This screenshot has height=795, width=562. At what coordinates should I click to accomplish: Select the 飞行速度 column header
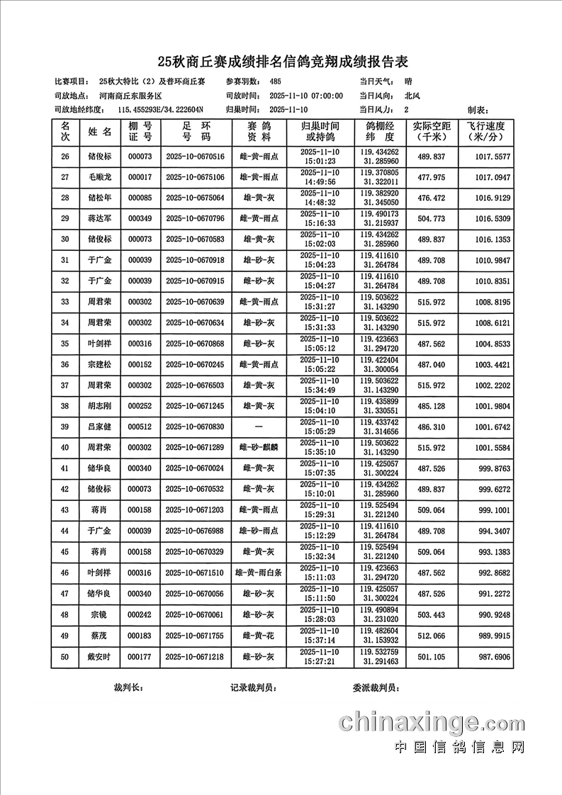tap(485, 131)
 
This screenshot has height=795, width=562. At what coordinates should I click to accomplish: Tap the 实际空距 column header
tap(431, 131)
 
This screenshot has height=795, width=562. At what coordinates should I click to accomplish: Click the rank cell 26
tap(65, 157)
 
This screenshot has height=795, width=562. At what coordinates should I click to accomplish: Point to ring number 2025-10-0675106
tap(194, 177)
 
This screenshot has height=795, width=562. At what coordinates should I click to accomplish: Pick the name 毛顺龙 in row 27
tap(100, 177)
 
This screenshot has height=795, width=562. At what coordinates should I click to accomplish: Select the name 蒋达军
tap(100, 219)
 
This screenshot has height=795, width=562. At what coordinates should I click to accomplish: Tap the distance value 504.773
tap(431, 219)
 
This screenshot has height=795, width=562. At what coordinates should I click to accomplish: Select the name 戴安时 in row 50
tap(100, 657)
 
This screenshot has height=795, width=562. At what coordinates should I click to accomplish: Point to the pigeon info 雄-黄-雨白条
tap(259, 573)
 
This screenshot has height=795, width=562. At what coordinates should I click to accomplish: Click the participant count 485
tap(275, 81)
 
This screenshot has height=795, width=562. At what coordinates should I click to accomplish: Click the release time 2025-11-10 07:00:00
tap(306, 96)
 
